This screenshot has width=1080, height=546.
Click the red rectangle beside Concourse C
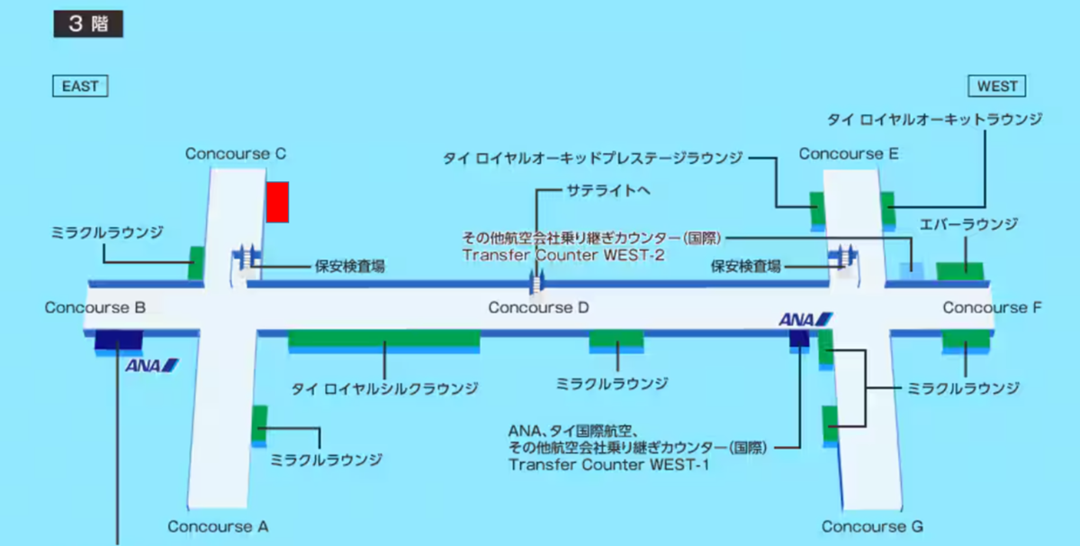coord(278,203)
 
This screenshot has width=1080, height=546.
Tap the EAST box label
coord(80,86)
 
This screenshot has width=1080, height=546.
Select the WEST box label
coord(996,86)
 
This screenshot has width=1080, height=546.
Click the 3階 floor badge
coord(88,23)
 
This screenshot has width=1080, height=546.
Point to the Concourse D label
coord(538,307)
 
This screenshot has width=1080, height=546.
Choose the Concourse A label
coord(218,526)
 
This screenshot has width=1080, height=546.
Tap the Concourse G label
coord(872,526)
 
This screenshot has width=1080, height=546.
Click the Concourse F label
coord(992,307)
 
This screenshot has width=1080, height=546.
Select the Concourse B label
coord(95,307)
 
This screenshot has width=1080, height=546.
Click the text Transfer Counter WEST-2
coord(563,255)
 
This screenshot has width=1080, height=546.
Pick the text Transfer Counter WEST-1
coord(608,465)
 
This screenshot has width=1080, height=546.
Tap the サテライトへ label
coord(608,191)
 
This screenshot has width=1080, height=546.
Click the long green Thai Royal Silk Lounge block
coord(384,339)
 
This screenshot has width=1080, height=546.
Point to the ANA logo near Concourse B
coord(152,366)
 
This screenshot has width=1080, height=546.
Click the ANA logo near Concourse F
coord(805,319)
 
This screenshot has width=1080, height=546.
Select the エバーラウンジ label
coord(968,224)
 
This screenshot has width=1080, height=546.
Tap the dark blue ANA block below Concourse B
coord(119,340)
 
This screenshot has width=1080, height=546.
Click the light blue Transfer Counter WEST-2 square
coord(912,271)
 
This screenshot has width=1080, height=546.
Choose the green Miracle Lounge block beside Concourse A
coord(259,423)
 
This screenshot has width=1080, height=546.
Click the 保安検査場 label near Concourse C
coord(349,267)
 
